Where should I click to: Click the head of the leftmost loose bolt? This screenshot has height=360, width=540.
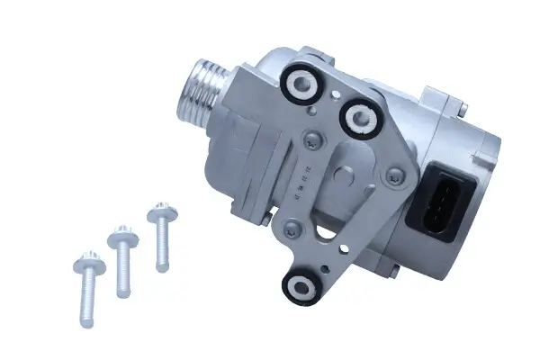point(89,265)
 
